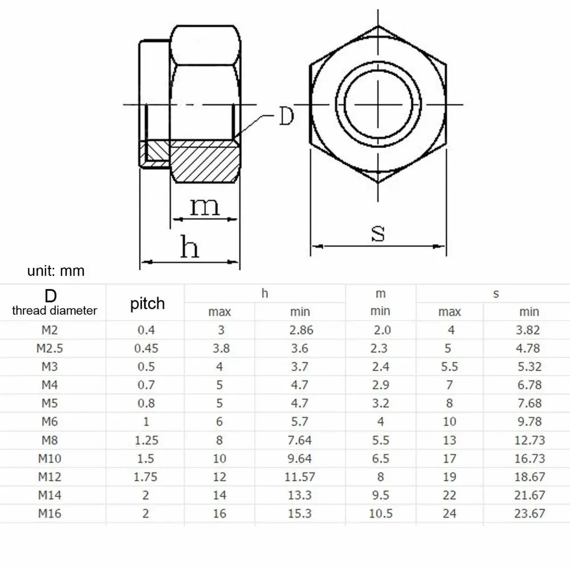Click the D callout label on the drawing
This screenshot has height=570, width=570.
[286, 117]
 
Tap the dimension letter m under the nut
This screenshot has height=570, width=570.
[205, 206]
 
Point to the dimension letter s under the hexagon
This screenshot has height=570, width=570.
[378, 233]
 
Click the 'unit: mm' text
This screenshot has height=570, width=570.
[56, 271]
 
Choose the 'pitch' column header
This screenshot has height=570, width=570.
[147, 303]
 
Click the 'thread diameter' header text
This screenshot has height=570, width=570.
[55, 311]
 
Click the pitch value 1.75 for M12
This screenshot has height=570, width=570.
[146, 477]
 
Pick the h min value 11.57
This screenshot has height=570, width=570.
[300, 477]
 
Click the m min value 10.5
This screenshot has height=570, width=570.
[380, 513]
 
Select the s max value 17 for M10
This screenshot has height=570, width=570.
[449, 458]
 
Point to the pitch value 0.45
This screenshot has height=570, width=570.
[146, 348]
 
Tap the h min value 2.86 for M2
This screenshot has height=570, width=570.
[300, 329]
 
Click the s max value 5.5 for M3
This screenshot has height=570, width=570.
[449, 367]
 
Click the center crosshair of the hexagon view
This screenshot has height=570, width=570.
[378, 105]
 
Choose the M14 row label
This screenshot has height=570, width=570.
[50, 495]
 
